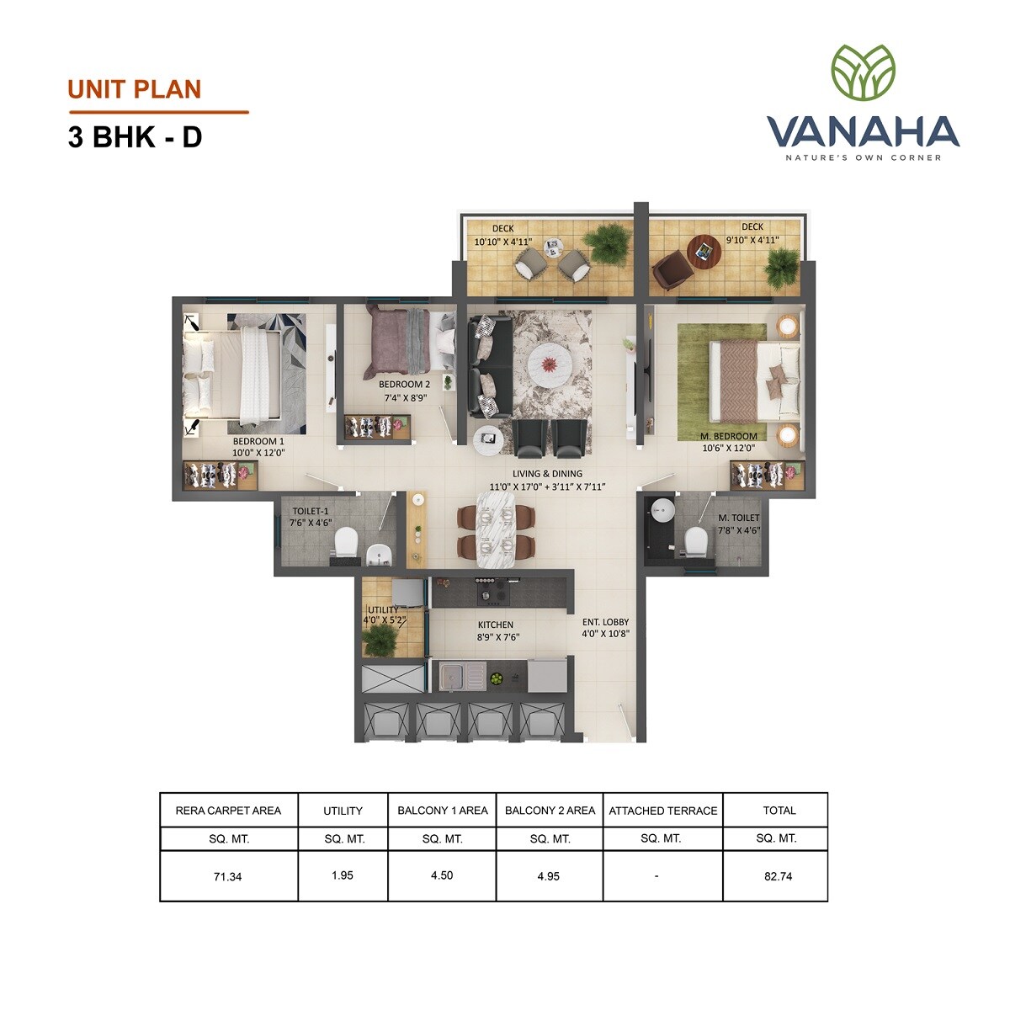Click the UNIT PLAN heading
point(135,89)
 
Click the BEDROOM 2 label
point(404,385)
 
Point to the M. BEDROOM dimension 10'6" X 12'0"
point(729,449)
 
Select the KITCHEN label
point(495,625)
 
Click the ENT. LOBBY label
point(605,623)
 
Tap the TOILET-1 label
point(311,511)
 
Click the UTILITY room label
point(382,610)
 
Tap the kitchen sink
point(460,675)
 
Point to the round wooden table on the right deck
point(704,250)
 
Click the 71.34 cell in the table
point(227,876)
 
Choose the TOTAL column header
point(779,811)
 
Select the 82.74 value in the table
point(779,876)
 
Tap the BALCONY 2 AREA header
point(550,811)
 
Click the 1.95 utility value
point(342,875)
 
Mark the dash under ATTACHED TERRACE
point(656,876)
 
